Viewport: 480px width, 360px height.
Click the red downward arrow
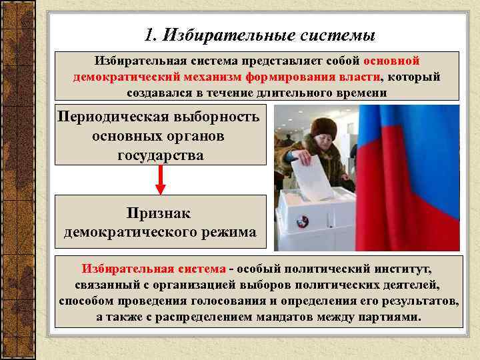point(160,178)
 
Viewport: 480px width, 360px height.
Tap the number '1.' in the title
point(151,34)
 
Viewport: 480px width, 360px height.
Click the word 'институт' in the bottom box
point(400,270)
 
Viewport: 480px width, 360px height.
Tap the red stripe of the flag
point(407,220)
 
